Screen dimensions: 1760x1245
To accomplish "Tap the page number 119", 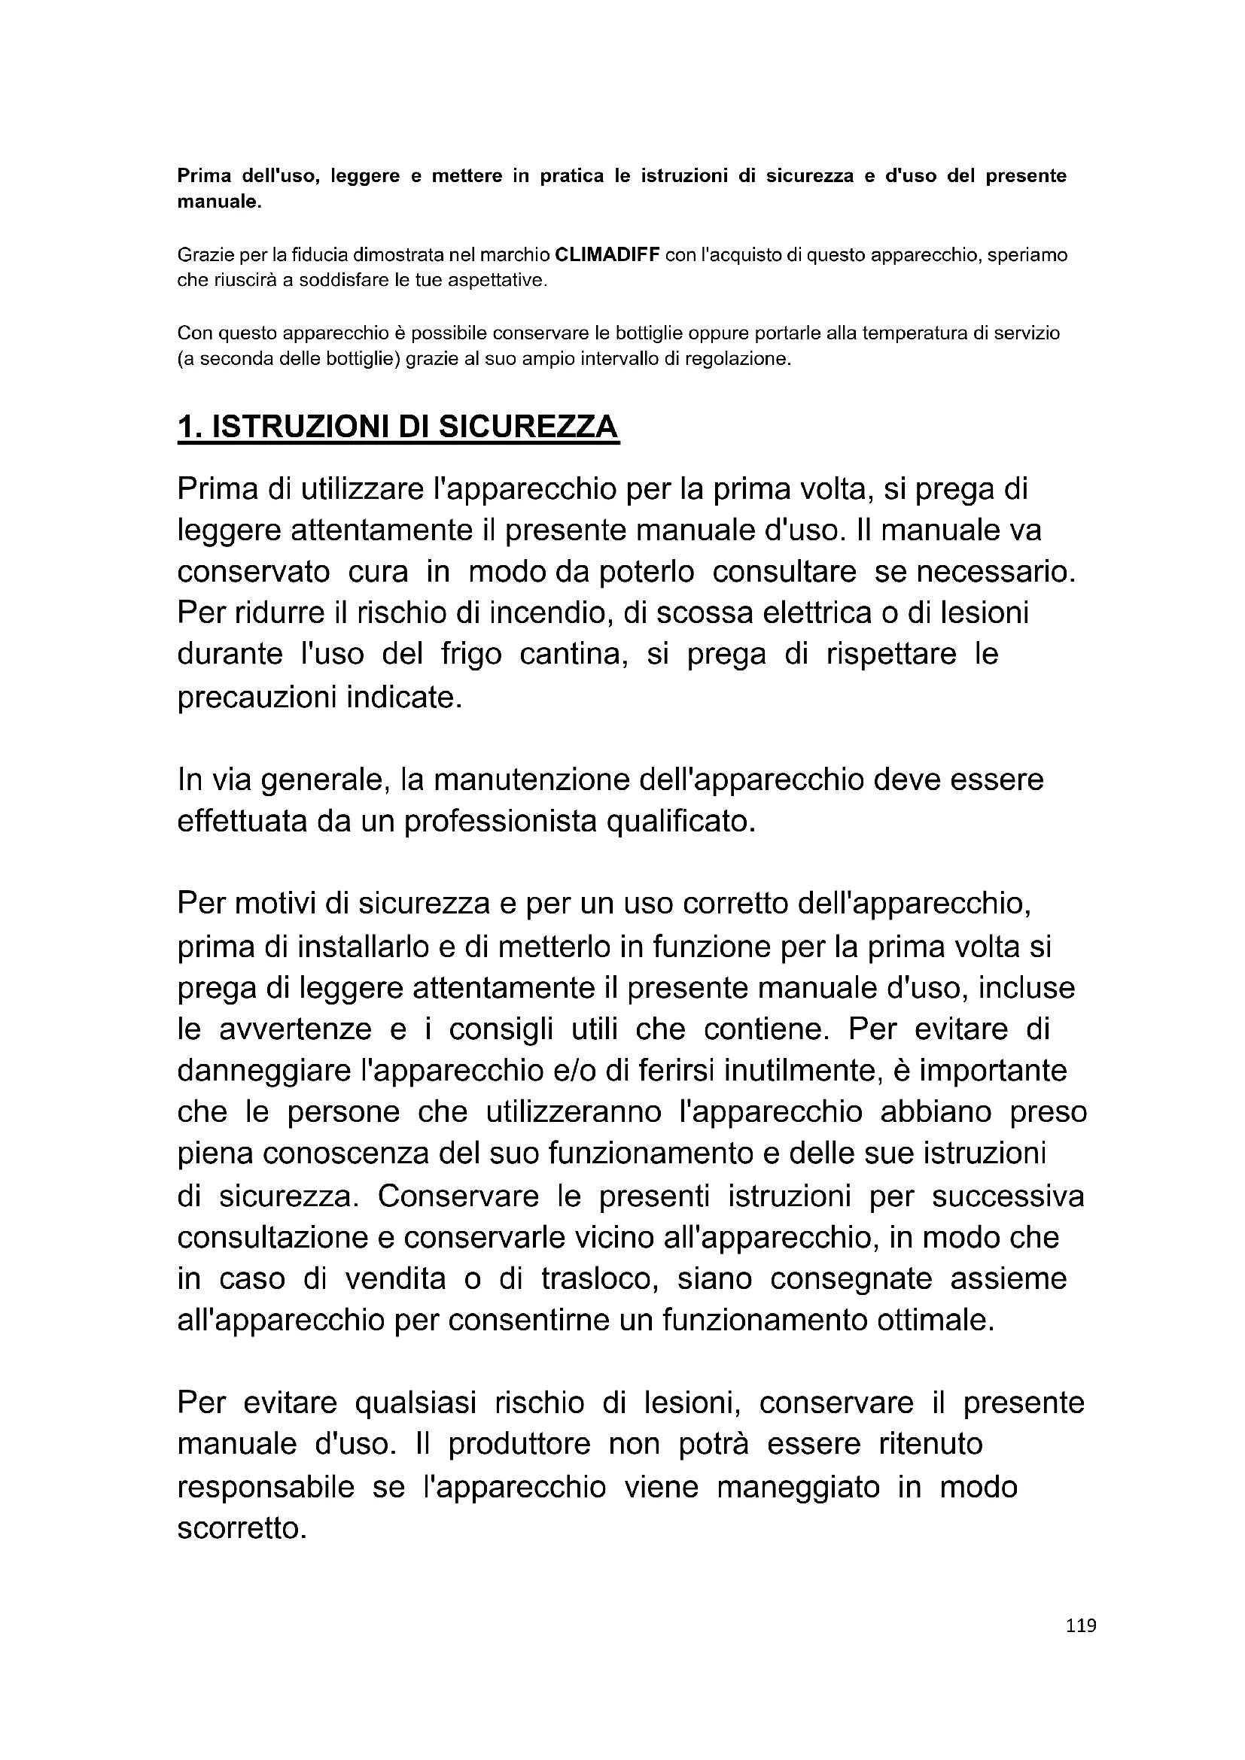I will (x=1081, y=1646).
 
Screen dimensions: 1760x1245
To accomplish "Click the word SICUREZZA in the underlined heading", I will (x=528, y=427).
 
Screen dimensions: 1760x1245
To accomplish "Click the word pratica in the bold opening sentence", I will (x=574, y=176).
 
